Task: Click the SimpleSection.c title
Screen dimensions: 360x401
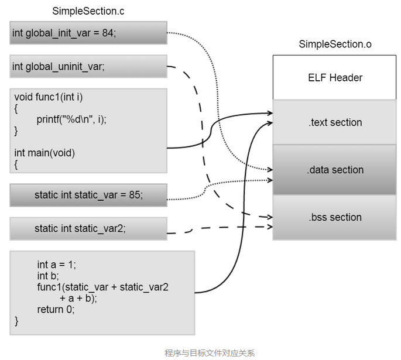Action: tap(88, 11)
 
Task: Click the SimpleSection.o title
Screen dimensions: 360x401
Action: tap(335, 44)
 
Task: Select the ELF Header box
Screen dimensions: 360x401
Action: tap(335, 78)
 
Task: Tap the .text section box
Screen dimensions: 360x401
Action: tap(335, 122)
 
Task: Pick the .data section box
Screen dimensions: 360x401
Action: tap(335, 170)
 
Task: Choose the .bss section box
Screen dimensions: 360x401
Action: tap(335, 217)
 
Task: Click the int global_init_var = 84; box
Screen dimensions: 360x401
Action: tap(88, 33)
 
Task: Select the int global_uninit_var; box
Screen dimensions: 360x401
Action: tap(88, 67)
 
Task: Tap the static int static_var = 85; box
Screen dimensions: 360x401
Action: tap(88, 195)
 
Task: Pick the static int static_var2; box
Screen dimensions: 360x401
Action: tap(88, 228)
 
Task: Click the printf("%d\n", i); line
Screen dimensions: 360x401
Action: tap(71, 119)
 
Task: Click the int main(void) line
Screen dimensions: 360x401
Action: tap(44, 153)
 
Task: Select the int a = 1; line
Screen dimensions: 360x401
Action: tap(57, 265)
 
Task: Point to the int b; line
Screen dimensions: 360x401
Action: tap(48, 276)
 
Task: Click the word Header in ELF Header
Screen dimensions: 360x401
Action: tap(347, 78)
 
